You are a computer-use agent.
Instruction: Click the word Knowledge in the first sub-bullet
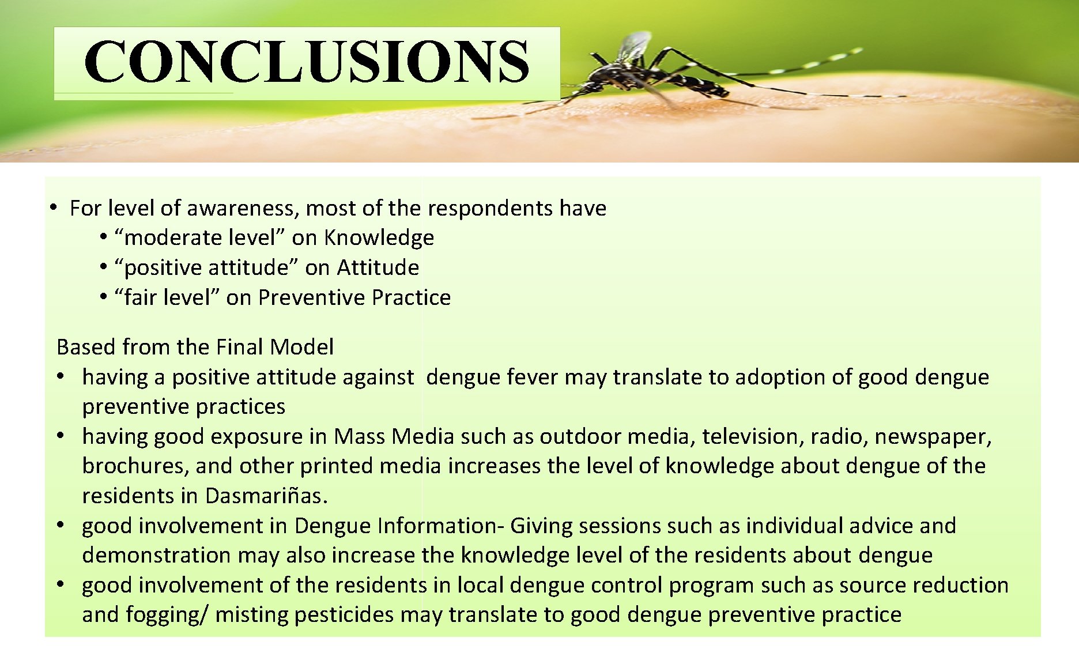click(x=379, y=237)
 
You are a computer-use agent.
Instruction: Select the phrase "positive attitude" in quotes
click(x=206, y=267)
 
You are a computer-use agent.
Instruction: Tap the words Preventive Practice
click(x=354, y=297)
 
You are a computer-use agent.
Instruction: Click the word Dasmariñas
click(x=266, y=496)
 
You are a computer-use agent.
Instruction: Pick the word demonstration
click(x=156, y=555)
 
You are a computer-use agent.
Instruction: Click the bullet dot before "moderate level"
click(x=104, y=236)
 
